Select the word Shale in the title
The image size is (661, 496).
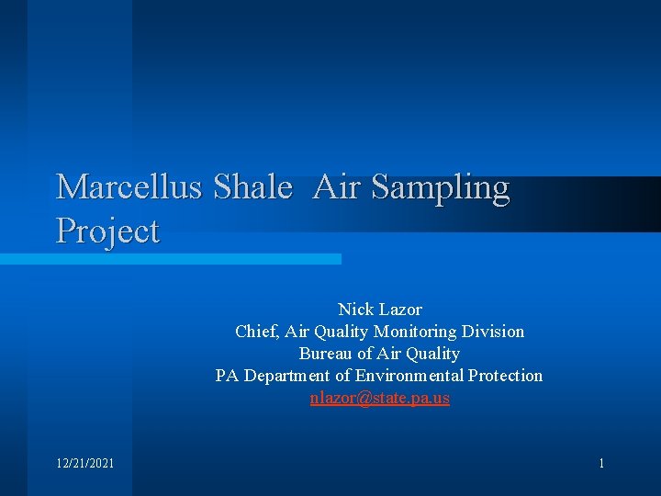252,187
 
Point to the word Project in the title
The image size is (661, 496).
107,231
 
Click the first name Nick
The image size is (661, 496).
354,310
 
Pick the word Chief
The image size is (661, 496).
256,332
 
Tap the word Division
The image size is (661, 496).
493,332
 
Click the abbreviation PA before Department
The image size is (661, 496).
226,376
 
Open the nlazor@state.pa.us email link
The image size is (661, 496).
379,399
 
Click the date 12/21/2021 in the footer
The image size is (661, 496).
85,464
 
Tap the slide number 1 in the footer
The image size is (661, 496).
601,464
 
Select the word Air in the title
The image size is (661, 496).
337,187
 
